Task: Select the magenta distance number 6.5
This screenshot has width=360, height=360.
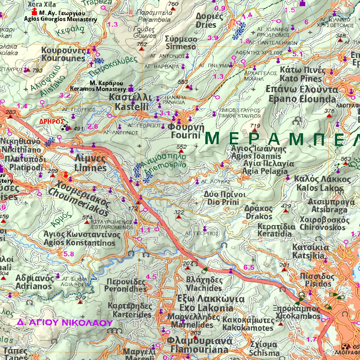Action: (249, 268)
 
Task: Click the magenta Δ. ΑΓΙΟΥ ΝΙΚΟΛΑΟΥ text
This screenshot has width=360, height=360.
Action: (65, 322)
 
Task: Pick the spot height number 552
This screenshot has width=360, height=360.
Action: (182, 147)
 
